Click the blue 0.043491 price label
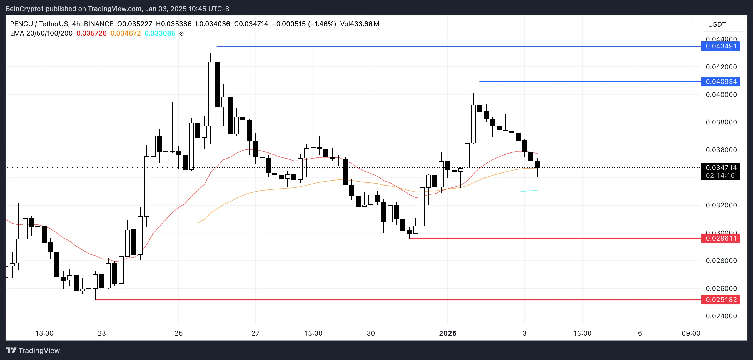[720, 46]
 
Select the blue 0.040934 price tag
[720, 81]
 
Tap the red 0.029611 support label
[720, 238]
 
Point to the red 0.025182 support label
[720, 300]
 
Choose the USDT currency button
[717, 24]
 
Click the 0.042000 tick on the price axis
[721, 67]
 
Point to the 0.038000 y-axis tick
[721, 122]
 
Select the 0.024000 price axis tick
[721, 316]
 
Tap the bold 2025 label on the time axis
[448, 333]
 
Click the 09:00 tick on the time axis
[691, 333]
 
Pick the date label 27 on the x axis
[255, 333]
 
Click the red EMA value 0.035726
[91, 33]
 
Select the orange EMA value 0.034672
[125, 33]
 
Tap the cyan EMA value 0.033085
[160, 33]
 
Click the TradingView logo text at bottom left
[33, 350]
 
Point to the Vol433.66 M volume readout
[360, 24]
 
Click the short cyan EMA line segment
[527, 191]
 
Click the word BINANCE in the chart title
[99, 24]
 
